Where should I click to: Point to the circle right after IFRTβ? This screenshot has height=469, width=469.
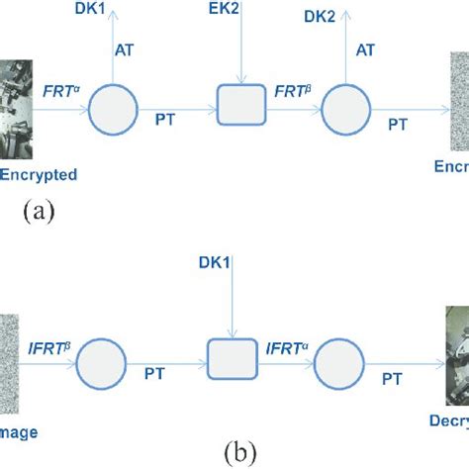click(x=101, y=359)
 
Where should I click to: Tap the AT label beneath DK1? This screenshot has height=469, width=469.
click(x=128, y=47)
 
